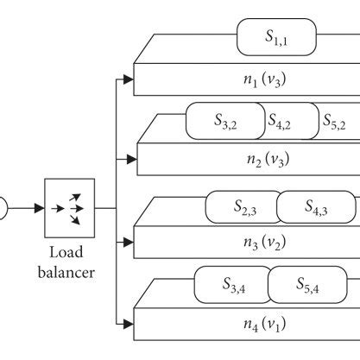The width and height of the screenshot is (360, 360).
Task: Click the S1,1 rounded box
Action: click(276, 37)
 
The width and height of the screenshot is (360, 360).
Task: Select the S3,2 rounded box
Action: click(225, 123)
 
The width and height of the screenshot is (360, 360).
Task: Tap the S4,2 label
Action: click(278, 123)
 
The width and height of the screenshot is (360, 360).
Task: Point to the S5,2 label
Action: click(335, 123)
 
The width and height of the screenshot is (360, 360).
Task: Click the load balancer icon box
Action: click(70, 208)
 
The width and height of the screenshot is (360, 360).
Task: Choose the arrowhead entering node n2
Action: click(130, 160)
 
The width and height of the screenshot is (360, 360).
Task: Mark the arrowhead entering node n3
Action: click(130, 243)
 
